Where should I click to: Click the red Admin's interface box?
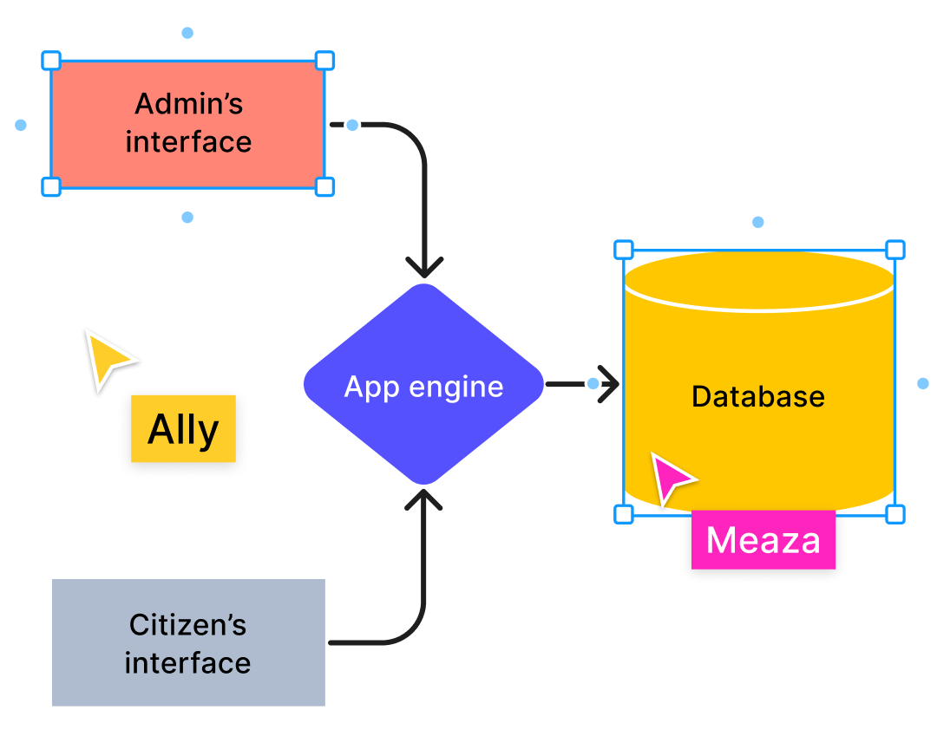coord(187,124)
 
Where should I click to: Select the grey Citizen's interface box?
coord(188,642)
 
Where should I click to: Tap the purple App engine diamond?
coord(423,385)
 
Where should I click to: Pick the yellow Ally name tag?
coord(183,429)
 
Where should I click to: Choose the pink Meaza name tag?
coord(763,539)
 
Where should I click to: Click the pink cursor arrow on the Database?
coord(672,478)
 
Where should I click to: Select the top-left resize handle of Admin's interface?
coord(51,60)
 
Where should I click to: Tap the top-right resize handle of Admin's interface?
coord(324,60)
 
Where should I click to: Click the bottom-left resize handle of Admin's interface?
coord(51,186)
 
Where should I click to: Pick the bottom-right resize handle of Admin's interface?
coord(324,186)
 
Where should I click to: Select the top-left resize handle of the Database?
coord(623,250)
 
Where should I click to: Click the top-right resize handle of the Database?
coord(895,250)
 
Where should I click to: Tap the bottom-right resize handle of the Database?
coord(895,514)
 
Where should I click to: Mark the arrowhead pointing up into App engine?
coord(424,500)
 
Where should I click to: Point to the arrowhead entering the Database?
coord(609,383)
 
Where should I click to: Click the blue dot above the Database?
coord(758,222)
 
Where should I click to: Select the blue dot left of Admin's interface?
coord(21,125)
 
